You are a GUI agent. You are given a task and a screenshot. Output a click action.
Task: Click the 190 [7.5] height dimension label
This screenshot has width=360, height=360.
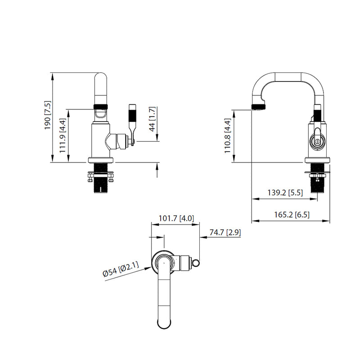pyautogui.click(x=48, y=116)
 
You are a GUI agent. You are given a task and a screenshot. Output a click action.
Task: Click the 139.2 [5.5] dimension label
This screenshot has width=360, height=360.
pyautogui.click(x=285, y=193)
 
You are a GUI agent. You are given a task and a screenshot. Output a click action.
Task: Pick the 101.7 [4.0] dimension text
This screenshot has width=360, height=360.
pyautogui.click(x=176, y=219)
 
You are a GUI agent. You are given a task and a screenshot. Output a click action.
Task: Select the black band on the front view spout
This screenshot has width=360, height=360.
pyautogui.click(x=101, y=107)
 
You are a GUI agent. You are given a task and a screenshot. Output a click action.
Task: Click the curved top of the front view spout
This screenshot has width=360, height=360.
pyautogui.click(x=101, y=79)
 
